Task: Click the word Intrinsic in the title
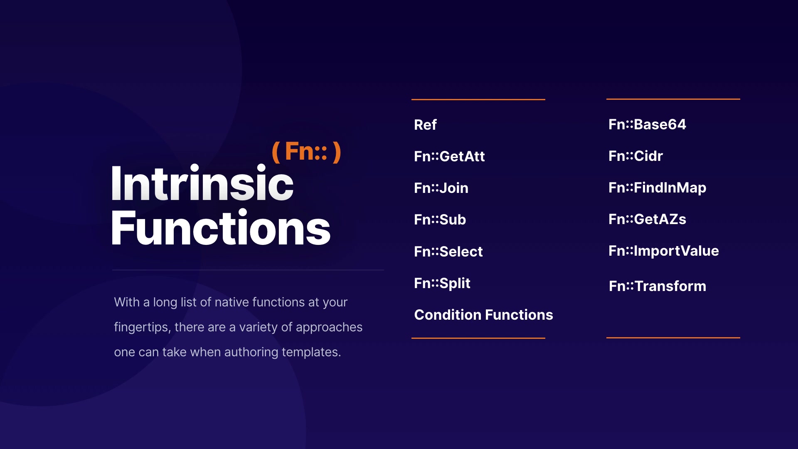(x=202, y=183)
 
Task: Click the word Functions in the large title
(x=221, y=228)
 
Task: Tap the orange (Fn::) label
(x=306, y=151)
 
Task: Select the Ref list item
(x=425, y=125)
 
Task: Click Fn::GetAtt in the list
(x=449, y=156)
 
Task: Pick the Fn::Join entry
(x=441, y=188)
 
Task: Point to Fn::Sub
(x=440, y=220)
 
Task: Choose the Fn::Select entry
(x=448, y=252)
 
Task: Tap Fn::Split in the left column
(x=442, y=283)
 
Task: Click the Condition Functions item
(x=483, y=315)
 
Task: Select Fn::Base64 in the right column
(x=647, y=124)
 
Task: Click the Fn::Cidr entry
(x=635, y=156)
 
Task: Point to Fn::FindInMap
(x=657, y=187)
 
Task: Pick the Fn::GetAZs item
(x=647, y=219)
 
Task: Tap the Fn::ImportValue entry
(x=664, y=251)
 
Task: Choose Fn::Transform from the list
(x=658, y=286)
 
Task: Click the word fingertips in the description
(x=142, y=328)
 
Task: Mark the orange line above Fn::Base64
(x=673, y=99)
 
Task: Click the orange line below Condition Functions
(x=478, y=338)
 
